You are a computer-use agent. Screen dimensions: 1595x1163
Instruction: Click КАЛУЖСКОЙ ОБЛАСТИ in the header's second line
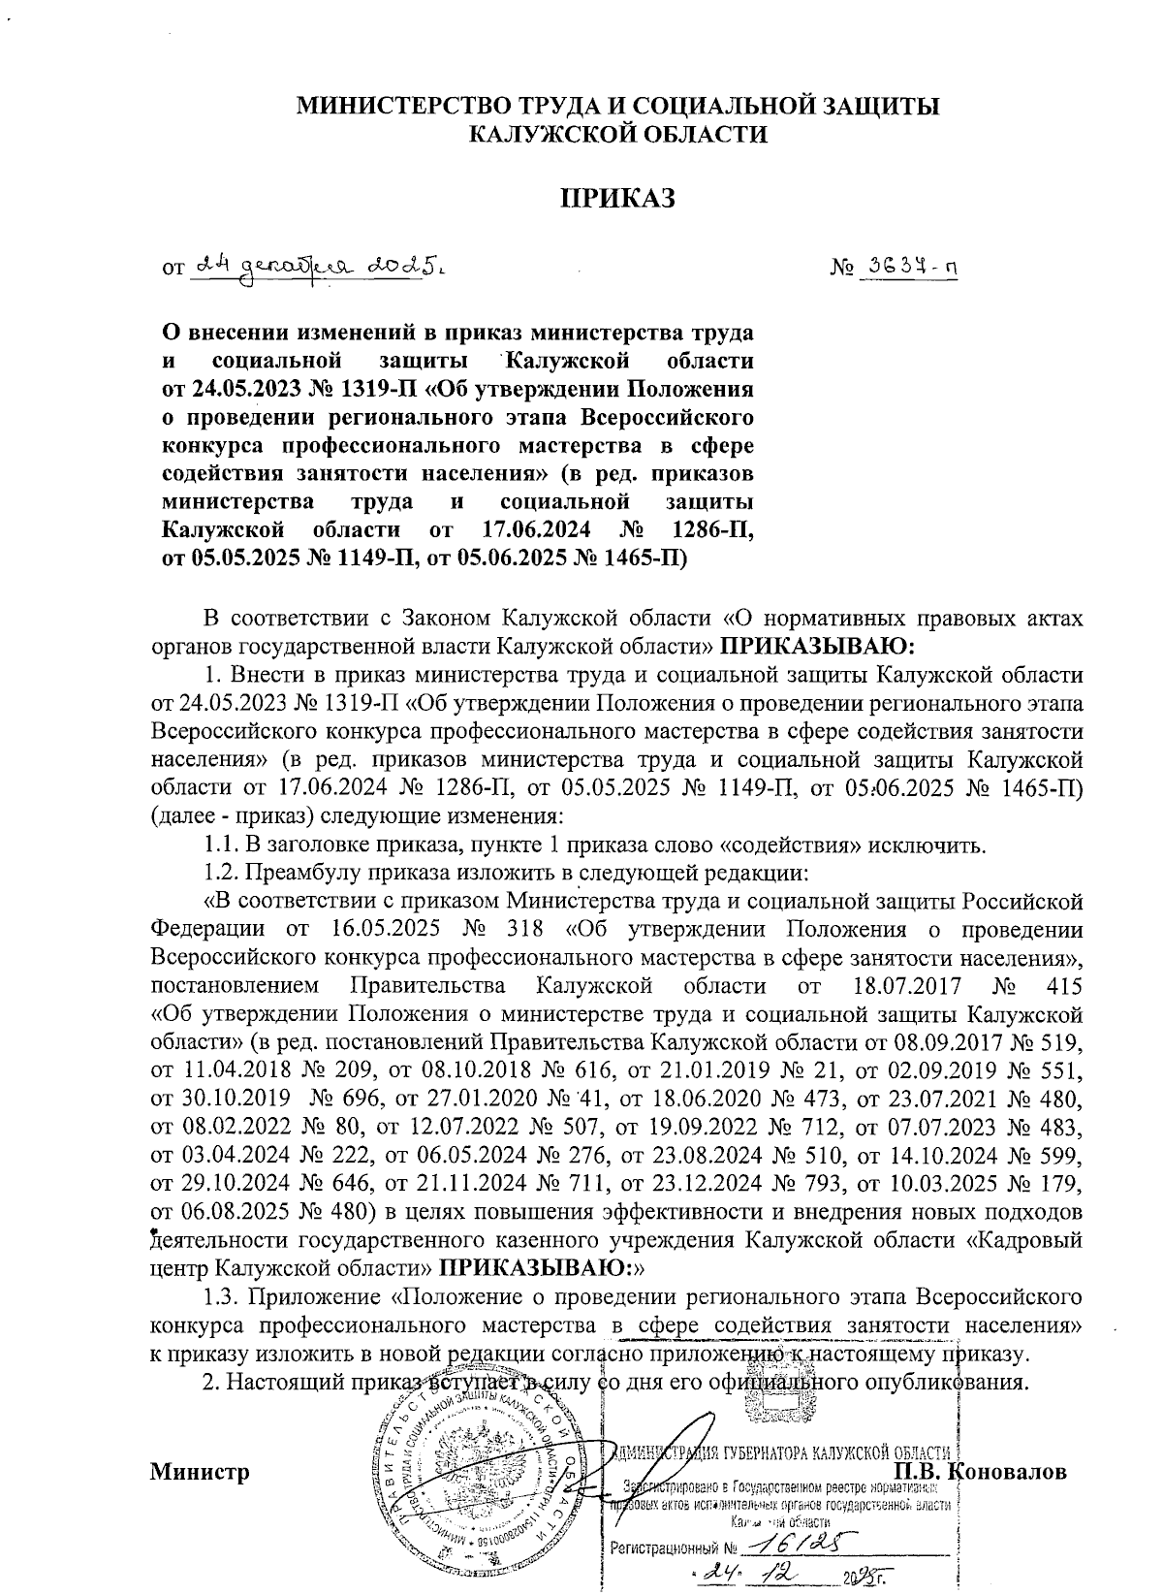617,134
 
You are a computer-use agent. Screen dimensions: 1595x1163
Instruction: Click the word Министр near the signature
201,1472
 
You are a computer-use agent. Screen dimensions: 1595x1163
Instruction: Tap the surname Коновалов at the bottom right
1010,1472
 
